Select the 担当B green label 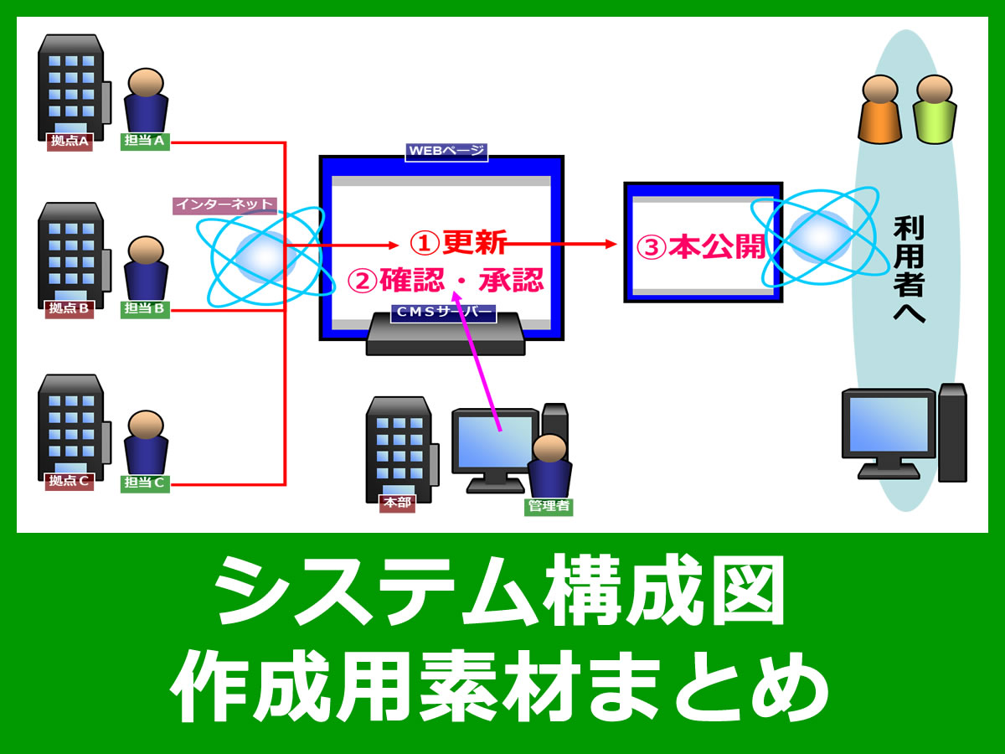[x=145, y=309]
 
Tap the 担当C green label [x=145, y=483]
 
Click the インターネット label [x=224, y=204]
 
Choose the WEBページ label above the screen [x=446, y=152]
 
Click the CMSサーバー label [x=443, y=313]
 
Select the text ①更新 [x=458, y=243]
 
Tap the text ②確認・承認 [x=446, y=279]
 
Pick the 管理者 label [x=549, y=506]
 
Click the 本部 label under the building [x=397, y=504]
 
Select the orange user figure [x=879, y=109]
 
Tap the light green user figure [x=934, y=109]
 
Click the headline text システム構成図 [x=501, y=591]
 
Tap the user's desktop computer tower [x=952, y=432]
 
